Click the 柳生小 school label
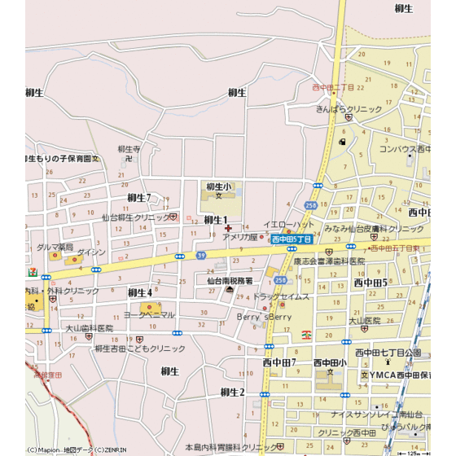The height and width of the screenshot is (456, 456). coord(218,186)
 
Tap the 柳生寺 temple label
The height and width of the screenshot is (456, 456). coord(129,149)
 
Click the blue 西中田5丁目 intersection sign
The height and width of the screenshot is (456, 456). coord(291,239)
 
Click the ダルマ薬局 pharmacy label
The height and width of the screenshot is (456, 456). coord(55,246)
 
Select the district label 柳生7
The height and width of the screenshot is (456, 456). coord(138,198)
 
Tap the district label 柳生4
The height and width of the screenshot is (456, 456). coord(139,292)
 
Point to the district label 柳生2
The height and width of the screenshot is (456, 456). coord(233,392)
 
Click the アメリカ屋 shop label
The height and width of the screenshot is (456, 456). coord(240,237)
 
